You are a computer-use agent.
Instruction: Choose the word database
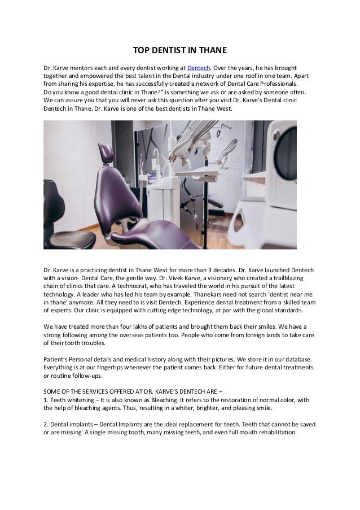click(291, 359)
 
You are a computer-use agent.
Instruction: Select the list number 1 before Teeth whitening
click(46, 400)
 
